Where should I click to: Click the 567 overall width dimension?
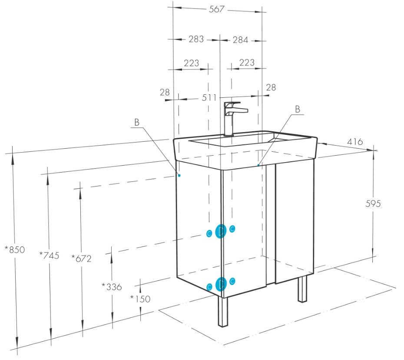[x=217, y=9]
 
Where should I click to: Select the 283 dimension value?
[x=196, y=39]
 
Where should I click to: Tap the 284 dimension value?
[x=240, y=40]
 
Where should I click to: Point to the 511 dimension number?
[x=209, y=98]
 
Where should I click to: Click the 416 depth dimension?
[x=355, y=142]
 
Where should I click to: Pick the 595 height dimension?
[x=373, y=204]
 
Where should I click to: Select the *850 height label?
[x=15, y=250]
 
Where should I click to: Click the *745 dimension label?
[x=49, y=255]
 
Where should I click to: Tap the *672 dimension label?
[x=81, y=258]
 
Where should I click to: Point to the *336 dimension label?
[x=112, y=287]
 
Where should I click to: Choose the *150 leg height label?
[x=140, y=299]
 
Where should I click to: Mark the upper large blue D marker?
[x=221, y=231]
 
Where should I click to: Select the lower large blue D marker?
[x=221, y=284]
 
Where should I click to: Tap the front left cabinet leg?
[x=223, y=311]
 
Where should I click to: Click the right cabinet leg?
[x=302, y=289]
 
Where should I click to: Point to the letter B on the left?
[x=137, y=122]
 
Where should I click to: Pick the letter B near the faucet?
[x=298, y=109]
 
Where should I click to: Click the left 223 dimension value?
[x=192, y=63]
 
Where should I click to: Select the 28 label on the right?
[x=271, y=87]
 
